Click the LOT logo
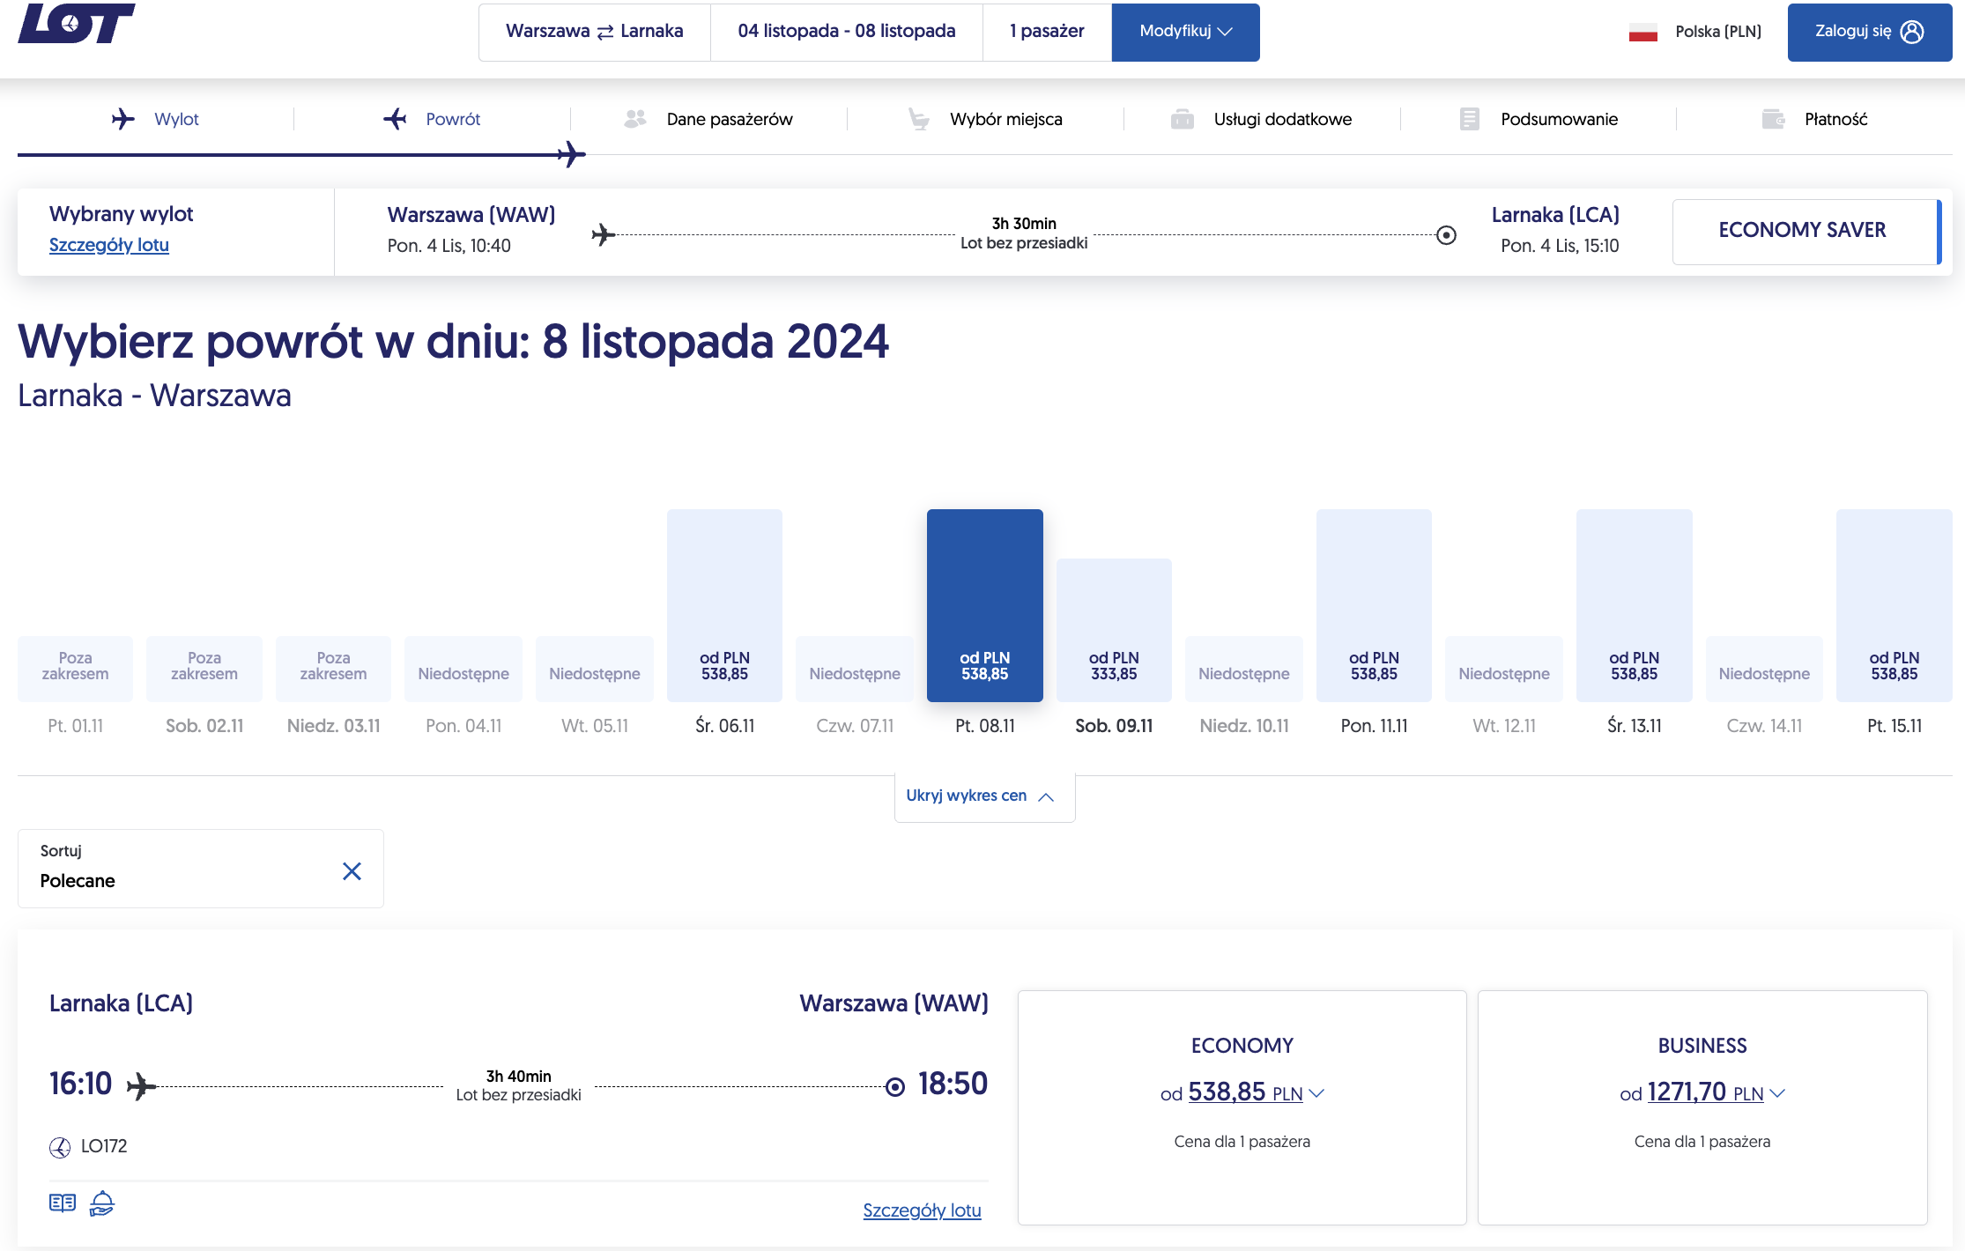pyautogui.click(x=76, y=23)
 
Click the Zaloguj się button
pyautogui.click(x=1869, y=32)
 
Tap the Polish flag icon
pyautogui.click(x=1643, y=33)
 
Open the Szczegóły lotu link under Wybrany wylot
pyautogui.click(x=109, y=245)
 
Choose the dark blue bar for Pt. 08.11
pyautogui.click(x=985, y=605)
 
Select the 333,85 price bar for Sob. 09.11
pyautogui.click(x=1114, y=630)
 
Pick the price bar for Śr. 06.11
pyautogui.click(x=724, y=605)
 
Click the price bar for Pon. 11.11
pyautogui.click(x=1374, y=605)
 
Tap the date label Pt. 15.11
pyautogui.click(x=1895, y=726)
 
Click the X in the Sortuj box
pyautogui.click(x=352, y=871)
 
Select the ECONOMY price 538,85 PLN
pyautogui.click(x=1242, y=1092)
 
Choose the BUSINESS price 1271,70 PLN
pyautogui.click(x=1702, y=1092)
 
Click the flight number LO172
pyautogui.click(x=104, y=1146)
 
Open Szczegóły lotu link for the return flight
pyautogui.click(x=922, y=1210)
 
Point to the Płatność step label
pyautogui.click(x=1835, y=119)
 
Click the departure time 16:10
pyautogui.click(x=80, y=1084)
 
